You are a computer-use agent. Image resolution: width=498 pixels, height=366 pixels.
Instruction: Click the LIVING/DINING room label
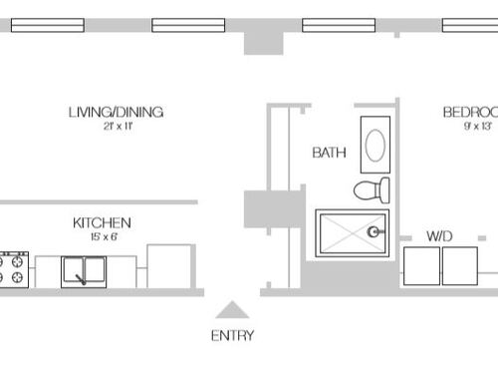pyautogui.click(x=116, y=112)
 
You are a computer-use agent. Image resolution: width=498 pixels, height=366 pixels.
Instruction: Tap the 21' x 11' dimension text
pyautogui.click(x=116, y=127)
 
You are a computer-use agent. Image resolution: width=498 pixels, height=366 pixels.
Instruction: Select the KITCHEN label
pyautogui.click(x=102, y=222)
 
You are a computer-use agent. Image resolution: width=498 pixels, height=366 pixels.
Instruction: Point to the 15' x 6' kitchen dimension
pyautogui.click(x=102, y=236)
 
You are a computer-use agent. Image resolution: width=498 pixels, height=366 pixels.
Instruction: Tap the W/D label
pyautogui.click(x=439, y=236)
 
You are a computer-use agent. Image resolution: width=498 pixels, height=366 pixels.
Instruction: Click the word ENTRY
pyautogui.click(x=232, y=335)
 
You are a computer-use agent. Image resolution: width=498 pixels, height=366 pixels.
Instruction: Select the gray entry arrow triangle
pyautogui.click(x=232, y=310)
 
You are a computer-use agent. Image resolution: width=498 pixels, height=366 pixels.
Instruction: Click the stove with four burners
pyautogui.click(x=14, y=268)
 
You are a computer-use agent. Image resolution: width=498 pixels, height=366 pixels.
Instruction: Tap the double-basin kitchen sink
pyautogui.click(x=85, y=271)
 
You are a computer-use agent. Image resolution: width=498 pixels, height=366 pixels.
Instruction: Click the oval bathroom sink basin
pyautogui.click(x=375, y=146)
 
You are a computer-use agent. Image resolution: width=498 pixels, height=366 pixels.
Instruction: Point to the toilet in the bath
pyautogui.click(x=372, y=189)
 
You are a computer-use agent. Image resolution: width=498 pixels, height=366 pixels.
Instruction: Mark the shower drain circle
pyautogui.click(x=374, y=231)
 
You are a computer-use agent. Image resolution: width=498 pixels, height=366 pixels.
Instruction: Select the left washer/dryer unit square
pyautogui.click(x=421, y=266)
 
